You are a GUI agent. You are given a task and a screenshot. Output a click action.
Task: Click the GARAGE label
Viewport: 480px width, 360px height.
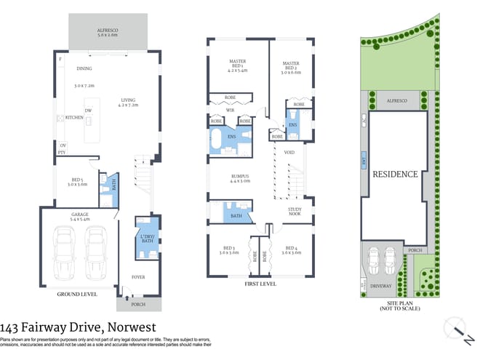[79, 215]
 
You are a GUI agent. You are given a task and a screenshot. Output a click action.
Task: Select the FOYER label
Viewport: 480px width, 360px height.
[138, 276]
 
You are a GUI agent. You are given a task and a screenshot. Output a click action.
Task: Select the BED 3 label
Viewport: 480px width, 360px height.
[229, 249]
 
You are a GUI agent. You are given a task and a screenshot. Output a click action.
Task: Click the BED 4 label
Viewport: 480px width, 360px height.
[291, 249]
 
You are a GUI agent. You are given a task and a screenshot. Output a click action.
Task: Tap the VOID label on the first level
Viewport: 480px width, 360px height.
[289, 153]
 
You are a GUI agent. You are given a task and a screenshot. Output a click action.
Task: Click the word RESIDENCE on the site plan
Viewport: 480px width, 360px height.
[395, 174]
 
